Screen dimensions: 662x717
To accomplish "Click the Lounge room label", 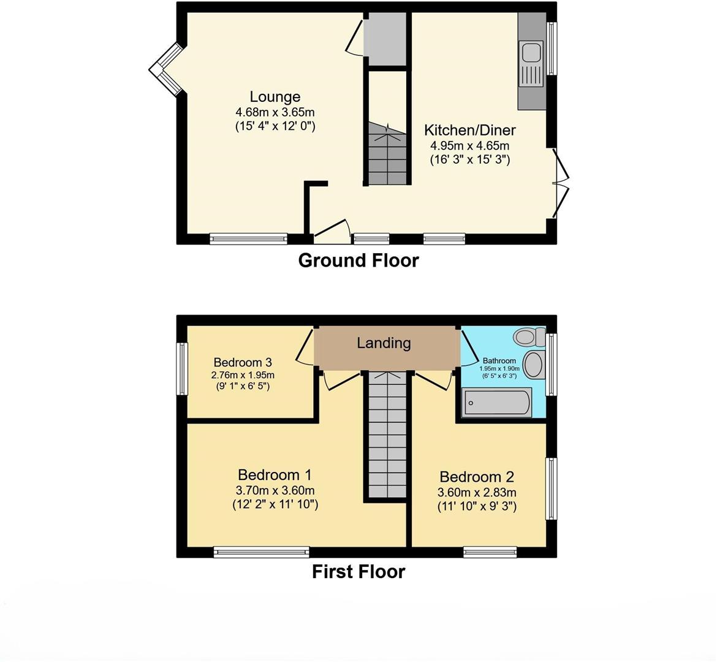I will click(x=275, y=97).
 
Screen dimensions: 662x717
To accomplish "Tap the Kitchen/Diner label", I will click(x=470, y=130).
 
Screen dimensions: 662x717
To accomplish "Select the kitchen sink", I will click(x=531, y=64).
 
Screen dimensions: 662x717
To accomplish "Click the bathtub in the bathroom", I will click(x=497, y=403).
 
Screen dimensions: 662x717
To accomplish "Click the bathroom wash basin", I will click(x=534, y=365).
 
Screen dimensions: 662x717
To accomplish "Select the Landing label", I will click(x=384, y=343).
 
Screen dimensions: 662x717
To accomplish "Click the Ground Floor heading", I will click(x=358, y=261).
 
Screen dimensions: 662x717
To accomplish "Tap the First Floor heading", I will click(x=358, y=572).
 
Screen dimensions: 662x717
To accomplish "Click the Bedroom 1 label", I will click(x=275, y=475).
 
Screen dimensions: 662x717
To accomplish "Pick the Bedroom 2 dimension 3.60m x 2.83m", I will click(x=477, y=492).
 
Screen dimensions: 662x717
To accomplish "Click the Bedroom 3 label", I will click(x=243, y=362).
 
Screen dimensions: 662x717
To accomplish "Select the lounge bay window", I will click(x=164, y=69).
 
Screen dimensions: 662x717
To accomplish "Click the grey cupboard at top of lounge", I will click(x=385, y=38).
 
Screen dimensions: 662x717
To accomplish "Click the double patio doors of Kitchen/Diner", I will click(x=561, y=183).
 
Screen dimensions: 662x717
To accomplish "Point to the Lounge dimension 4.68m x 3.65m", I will click(x=275, y=112).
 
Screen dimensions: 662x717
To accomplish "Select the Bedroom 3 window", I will click(x=182, y=368).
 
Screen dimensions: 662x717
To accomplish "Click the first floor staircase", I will click(x=387, y=435).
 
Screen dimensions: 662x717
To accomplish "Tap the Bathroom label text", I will click(x=499, y=361).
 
